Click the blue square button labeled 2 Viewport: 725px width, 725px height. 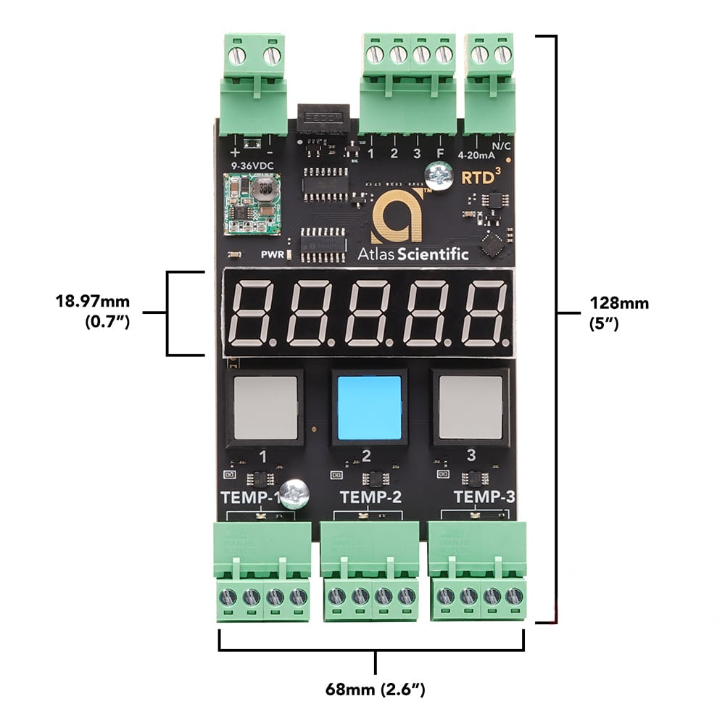[x=369, y=407]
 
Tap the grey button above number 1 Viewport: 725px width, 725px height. [x=265, y=407]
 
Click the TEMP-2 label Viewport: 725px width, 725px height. [x=370, y=497]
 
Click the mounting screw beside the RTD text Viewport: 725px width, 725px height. [x=437, y=174]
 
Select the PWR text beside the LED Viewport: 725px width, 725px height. [x=272, y=254]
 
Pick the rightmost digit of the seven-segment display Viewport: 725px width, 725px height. [x=484, y=313]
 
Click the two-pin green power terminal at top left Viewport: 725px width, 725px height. [x=252, y=80]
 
